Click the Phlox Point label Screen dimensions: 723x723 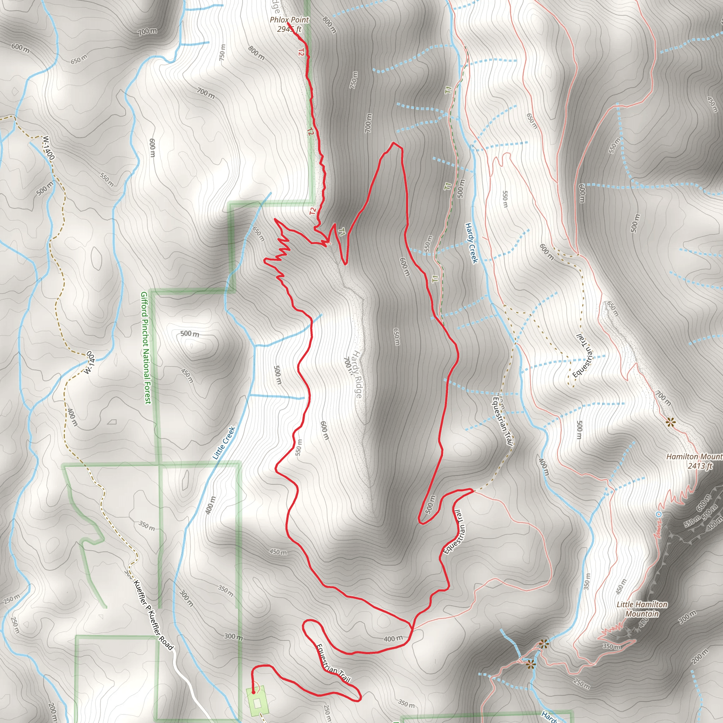tap(289, 20)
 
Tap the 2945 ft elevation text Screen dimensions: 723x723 tap(289, 29)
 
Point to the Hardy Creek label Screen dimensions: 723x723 tap(472, 243)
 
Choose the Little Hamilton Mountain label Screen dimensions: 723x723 tap(642, 609)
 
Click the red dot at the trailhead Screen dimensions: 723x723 tap(253, 692)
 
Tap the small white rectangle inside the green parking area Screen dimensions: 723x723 tap(257, 704)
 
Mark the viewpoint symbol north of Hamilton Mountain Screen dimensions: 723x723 tap(671, 423)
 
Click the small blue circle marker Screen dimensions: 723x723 tap(659, 515)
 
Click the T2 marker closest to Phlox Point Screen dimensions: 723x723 tap(300, 52)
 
